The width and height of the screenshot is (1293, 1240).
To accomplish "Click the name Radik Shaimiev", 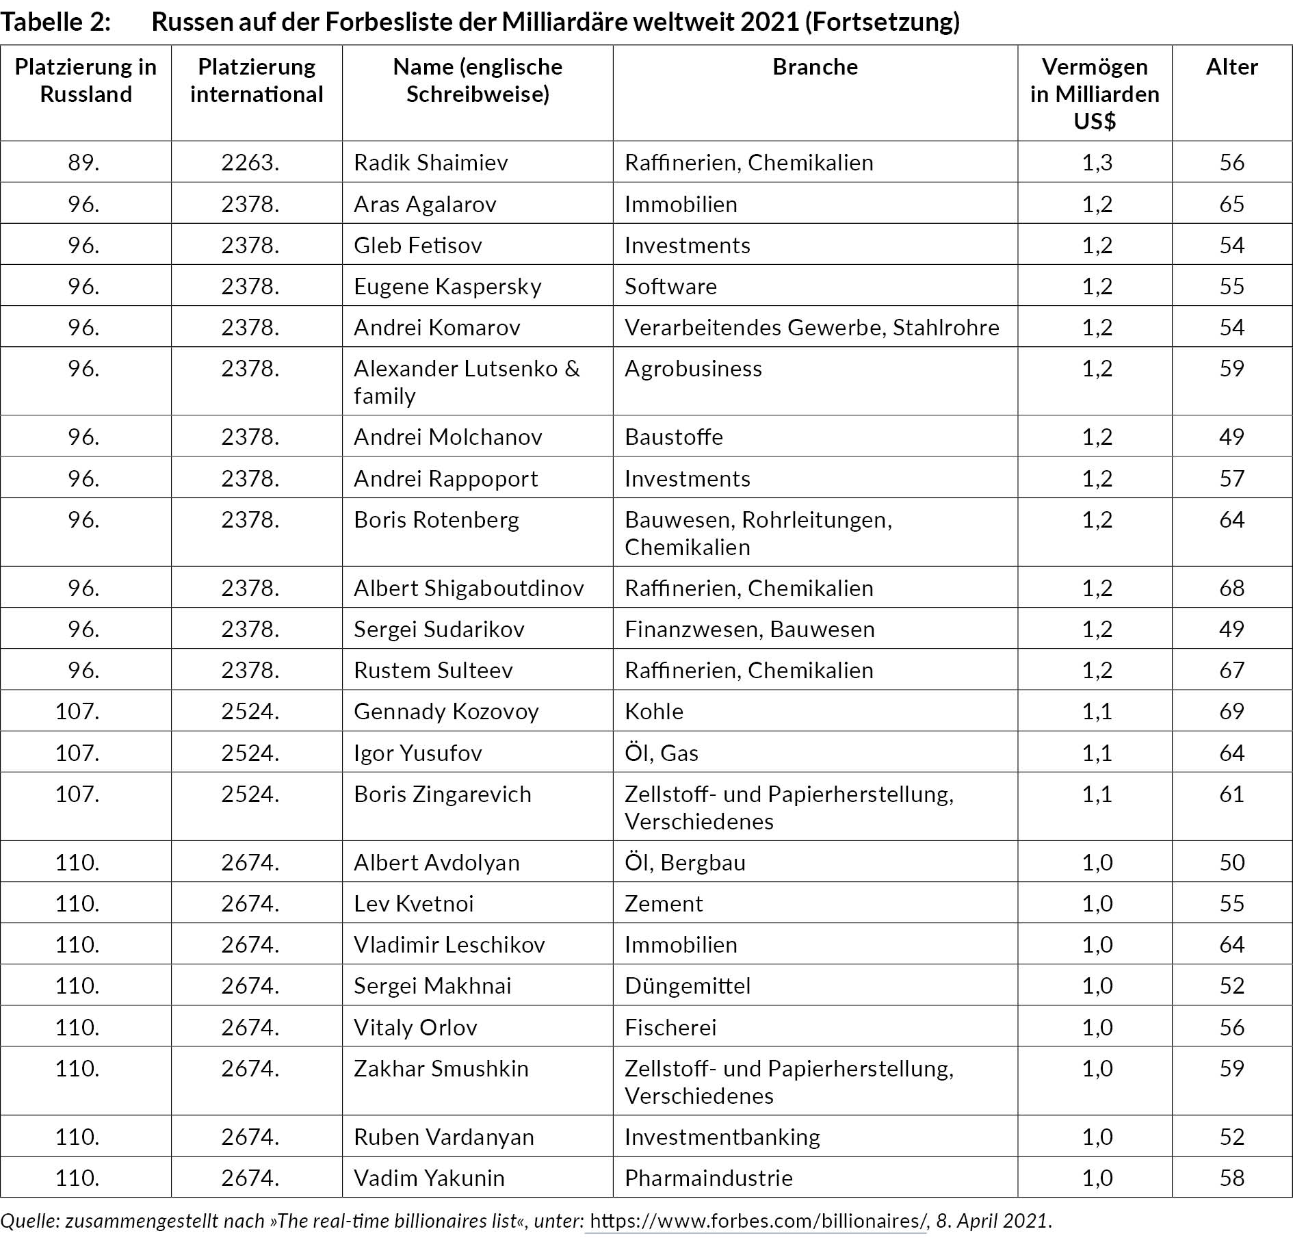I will [x=430, y=163].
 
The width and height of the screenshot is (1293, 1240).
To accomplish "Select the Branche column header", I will [x=815, y=67].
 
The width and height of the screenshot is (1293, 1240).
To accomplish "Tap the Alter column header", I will [x=1231, y=67].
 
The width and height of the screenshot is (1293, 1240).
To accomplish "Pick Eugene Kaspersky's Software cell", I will [x=670, y=286].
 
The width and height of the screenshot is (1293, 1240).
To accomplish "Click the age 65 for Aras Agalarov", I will [x=1231, y=204].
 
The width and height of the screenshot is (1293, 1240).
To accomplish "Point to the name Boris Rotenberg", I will [x=436, y=520].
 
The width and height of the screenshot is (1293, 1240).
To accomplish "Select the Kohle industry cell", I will [x=653, y=712].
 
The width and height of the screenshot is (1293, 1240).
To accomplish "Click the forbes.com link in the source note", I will [x=757, y=1221].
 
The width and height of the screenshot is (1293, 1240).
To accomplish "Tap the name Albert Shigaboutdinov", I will [x=469, y=589].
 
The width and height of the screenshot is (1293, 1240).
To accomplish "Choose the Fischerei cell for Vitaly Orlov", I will [x=670, y=1027].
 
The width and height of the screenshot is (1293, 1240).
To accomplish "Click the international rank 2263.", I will [x=250, y=163].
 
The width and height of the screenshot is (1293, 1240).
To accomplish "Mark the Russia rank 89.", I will [x=83, y=163].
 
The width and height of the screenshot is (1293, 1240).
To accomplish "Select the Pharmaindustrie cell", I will [x=708, y=1178].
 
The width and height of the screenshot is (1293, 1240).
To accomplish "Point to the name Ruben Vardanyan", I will [x=443, y=1137].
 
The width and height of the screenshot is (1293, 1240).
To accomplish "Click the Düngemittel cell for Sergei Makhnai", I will [x=687, y=986].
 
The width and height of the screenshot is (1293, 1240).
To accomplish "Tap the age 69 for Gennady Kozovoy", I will [x=1231, y=712].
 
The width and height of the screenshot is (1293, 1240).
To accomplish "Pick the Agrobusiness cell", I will [x=692, y=369].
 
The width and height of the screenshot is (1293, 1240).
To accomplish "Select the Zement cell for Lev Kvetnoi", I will [x=663, y=904].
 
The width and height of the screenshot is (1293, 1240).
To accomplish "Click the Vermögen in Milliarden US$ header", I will [x=1095, y=94].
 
